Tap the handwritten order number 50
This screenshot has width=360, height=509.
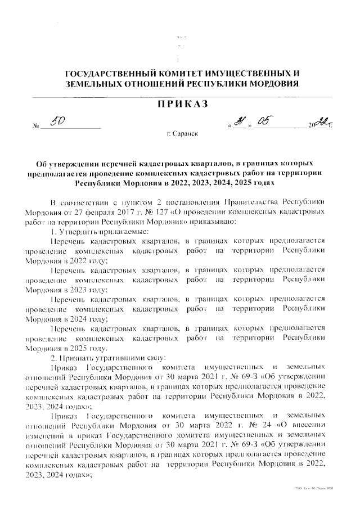(58, 123)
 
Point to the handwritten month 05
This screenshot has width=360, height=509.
(264, 122)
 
